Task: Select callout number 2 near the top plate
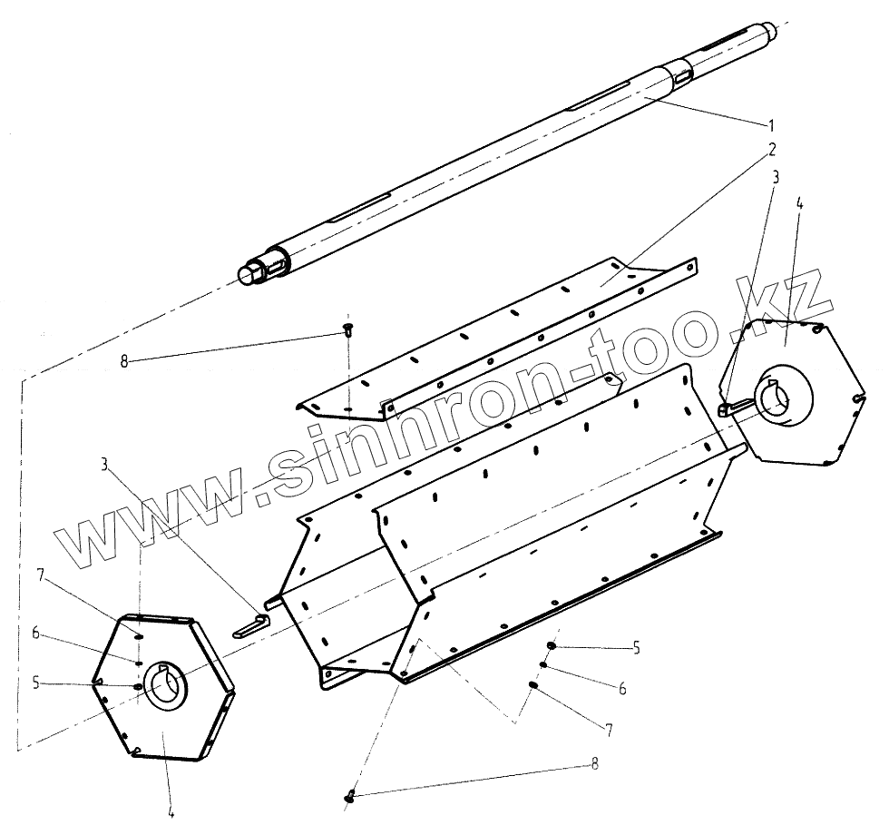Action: pyautogui.click(x=771, y=147)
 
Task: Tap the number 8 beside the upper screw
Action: pyautogui.click(x=124, y=360)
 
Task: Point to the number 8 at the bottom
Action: pyautogui.click(x=594, y=764)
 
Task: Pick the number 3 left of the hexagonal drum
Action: pyautogui.click(x=106, y=464)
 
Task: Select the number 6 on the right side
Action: pyautogui.click(x=623, y=690)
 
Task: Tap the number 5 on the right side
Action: pyautogui.click(x=636, y=647)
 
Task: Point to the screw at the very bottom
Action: pyautogui.click(x=351, y=797)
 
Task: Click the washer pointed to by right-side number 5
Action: pyautogui.click(x=552, y=645)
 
